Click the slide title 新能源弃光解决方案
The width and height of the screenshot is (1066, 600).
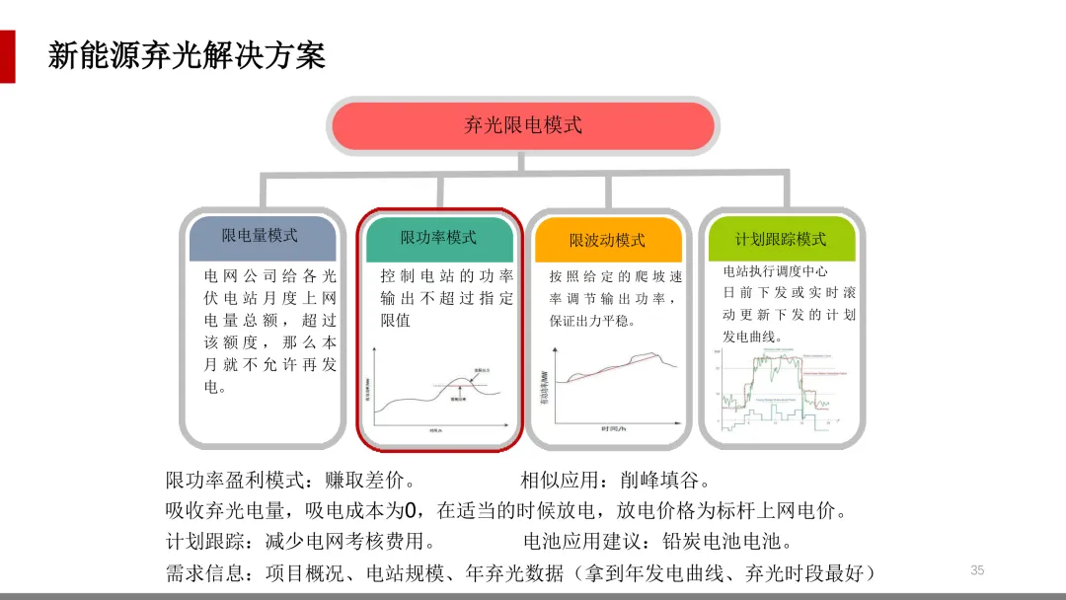point(187,55)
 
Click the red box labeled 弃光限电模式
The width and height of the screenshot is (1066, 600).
point(522,125)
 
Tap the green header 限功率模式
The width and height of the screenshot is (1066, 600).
point(438,237)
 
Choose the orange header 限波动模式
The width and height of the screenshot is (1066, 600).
point(607,240)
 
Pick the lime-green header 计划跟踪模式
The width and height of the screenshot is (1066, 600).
point(781,239)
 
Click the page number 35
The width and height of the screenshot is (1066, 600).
point(977,569)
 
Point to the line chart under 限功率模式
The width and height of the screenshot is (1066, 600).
point(438,392)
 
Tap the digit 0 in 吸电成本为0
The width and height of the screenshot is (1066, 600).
point(414,511)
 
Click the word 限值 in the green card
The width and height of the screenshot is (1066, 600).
point(395,320)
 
